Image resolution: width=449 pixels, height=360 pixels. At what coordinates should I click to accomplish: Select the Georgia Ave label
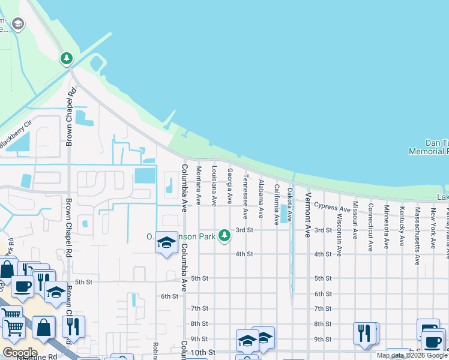click(x=229, y=185)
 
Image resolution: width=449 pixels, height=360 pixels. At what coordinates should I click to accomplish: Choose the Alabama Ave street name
click(x=261, y=199)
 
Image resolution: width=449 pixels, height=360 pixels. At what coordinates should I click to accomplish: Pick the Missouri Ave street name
click(x=355, y=220)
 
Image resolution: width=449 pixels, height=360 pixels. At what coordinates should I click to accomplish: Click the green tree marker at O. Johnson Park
click(x=224, y=236)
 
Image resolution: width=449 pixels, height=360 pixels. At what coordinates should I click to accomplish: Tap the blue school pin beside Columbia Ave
click(x=166, y=242)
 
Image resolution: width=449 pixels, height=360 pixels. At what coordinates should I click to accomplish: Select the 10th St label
click(x=203, y=352)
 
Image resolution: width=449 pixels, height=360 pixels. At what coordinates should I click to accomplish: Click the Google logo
click(x=19, y=352)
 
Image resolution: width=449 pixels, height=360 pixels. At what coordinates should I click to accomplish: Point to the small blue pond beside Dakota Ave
click(x=284, y=214)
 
